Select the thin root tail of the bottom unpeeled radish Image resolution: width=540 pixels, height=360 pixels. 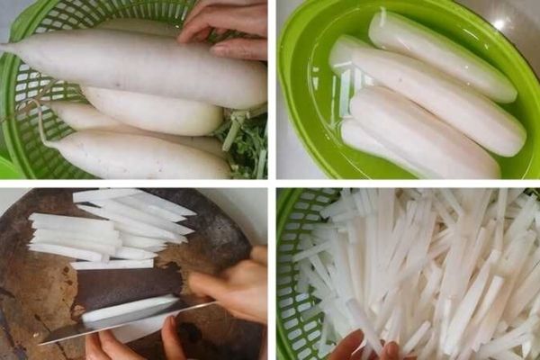[40, 126]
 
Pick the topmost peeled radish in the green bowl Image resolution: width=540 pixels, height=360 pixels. [441, 54]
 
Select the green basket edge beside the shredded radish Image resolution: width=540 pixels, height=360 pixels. [290, 270]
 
